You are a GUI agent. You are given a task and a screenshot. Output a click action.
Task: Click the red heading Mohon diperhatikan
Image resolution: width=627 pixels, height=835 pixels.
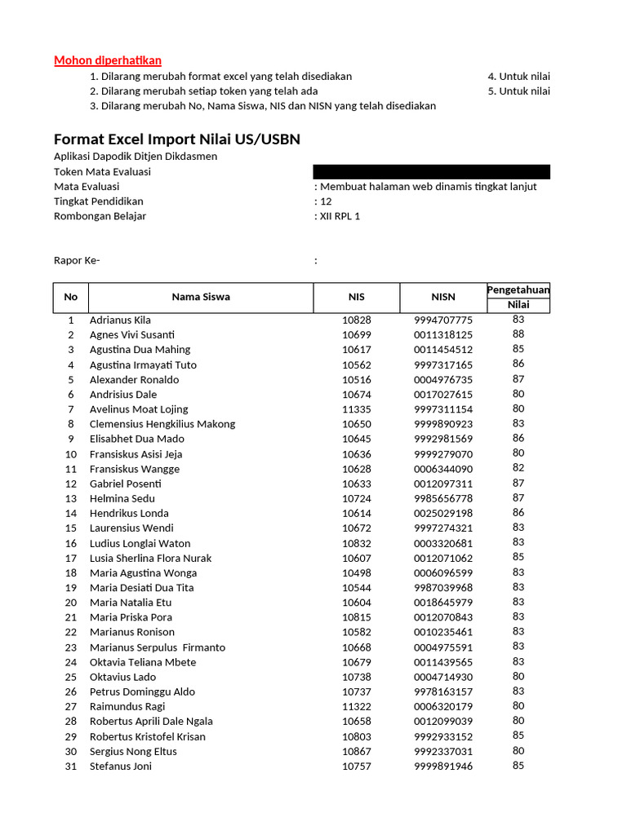108,60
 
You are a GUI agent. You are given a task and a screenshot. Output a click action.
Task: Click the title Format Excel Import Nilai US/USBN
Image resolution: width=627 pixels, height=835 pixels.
177,139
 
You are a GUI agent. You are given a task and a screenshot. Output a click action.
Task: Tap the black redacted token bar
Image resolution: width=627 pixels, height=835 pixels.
431,171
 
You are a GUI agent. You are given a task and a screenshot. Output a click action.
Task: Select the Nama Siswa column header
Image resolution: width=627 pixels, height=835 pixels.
201,297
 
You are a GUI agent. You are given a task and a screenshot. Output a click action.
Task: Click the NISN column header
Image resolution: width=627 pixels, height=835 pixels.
443,297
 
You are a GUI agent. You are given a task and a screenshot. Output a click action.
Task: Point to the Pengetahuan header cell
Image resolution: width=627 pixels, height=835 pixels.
518,289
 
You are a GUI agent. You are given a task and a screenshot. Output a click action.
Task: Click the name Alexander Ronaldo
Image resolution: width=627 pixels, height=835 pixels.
134,379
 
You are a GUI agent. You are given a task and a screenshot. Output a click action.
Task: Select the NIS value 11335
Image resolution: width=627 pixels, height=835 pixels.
356,409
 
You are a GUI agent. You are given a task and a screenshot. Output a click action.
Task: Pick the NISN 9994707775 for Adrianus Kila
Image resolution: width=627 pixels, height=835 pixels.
443,320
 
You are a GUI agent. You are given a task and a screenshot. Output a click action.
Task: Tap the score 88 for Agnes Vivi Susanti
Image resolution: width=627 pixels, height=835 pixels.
518,334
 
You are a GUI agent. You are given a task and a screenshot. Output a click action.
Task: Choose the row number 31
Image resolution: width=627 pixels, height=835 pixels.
71,766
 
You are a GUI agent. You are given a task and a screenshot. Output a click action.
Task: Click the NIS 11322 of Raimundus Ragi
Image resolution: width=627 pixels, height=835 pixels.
356,706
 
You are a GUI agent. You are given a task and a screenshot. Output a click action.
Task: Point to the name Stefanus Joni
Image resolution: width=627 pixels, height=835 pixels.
121,766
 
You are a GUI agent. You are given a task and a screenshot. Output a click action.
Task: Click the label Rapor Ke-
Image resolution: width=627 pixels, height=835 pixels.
77,261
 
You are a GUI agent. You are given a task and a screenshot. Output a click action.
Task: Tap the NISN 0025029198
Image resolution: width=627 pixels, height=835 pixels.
443,513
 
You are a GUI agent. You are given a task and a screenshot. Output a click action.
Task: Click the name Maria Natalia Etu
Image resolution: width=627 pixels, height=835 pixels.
131,602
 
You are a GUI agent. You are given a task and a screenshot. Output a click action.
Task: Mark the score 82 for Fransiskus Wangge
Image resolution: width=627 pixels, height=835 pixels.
518,468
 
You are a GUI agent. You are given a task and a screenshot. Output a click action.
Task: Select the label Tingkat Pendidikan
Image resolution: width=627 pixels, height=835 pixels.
99,201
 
